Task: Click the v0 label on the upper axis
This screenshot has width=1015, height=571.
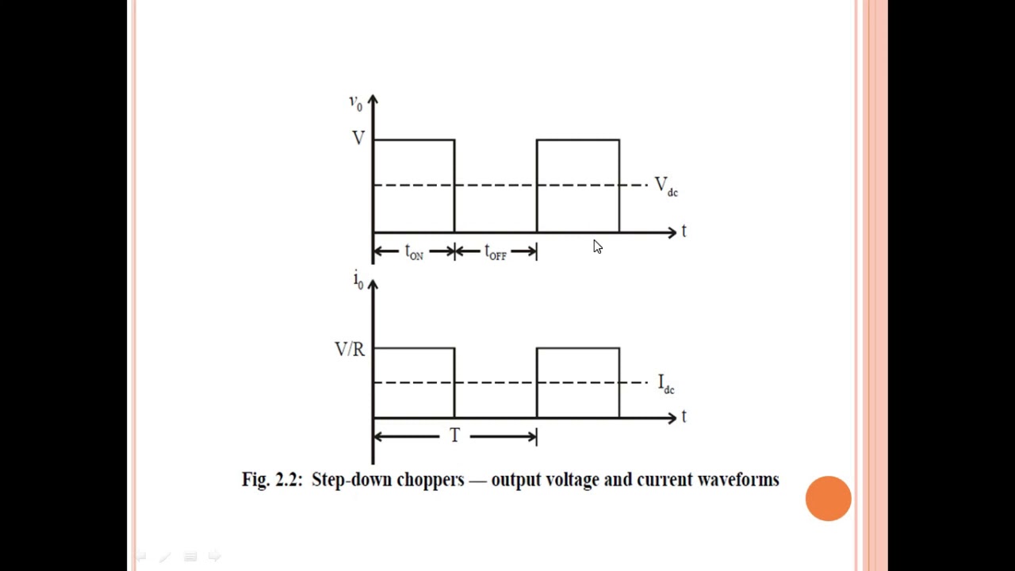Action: tap(356, 103)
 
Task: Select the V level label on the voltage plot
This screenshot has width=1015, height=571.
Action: tap(358, 138)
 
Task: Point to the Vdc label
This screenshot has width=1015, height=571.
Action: tap(666, 186)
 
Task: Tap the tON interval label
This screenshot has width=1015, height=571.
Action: tap(414, 252)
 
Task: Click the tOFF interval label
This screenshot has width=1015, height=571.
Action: tap(496, 252)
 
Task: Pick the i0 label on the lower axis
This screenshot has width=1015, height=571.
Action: tap(358, 280)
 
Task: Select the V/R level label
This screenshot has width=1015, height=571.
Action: tap(350, 350)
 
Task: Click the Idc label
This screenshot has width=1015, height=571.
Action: tap(666, 384)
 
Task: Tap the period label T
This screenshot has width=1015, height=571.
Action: tap(455, 435)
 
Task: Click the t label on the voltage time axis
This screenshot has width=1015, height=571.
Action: tap(684, 231)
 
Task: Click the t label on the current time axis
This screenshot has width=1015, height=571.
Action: tap(684, 416)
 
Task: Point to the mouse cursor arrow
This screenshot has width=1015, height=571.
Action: tap(598, 247)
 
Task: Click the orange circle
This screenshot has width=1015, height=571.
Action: tap(829, 499)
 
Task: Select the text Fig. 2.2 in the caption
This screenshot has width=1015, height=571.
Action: tap(272, 480)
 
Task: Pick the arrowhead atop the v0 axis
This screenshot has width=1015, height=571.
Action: tap(373, 100)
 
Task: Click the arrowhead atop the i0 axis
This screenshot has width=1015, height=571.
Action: tap(373, 285)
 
